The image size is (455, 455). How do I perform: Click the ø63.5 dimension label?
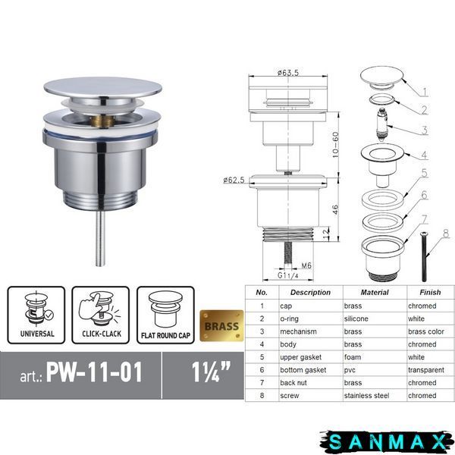288,73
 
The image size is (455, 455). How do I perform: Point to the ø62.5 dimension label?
234,180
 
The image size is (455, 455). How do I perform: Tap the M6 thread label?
306,265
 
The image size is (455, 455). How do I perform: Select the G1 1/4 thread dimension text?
288,275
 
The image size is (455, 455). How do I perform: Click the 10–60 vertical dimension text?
335,145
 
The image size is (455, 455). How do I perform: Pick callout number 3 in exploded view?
424,130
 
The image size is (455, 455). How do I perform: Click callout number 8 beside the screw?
447,234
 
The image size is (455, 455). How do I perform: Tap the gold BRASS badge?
221,326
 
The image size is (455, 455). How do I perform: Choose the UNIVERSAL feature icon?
36,315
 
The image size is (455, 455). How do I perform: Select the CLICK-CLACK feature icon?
101,315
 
